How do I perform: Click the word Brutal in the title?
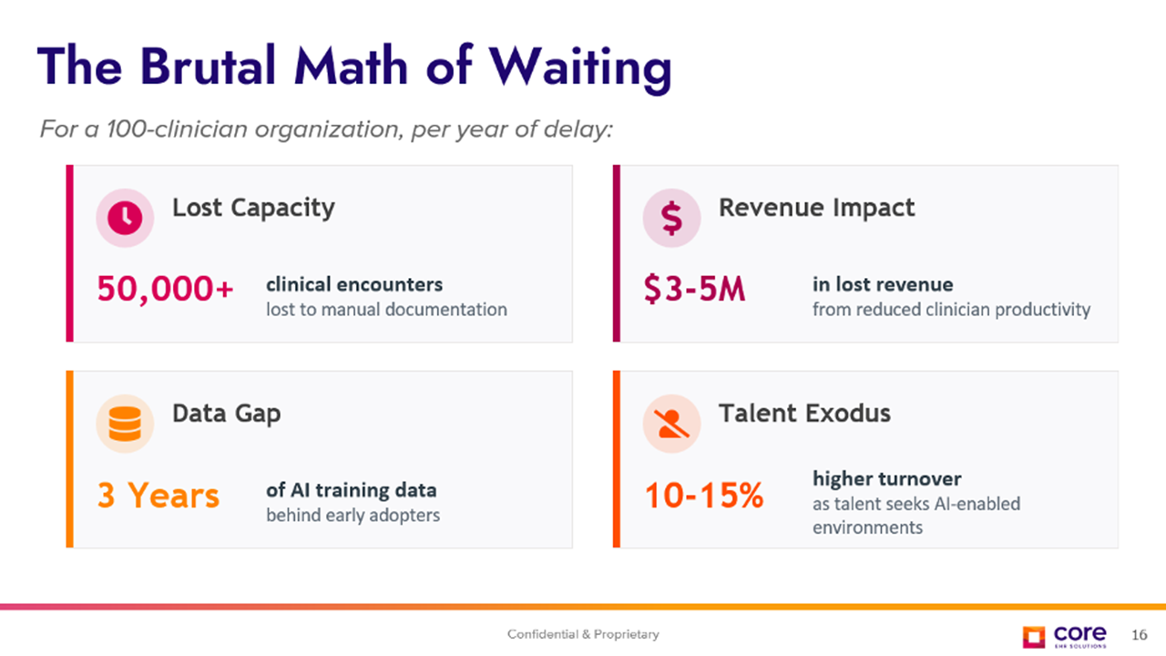tap(208, 67)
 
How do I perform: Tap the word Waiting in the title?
tap(581, 69)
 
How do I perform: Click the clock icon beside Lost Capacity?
tap(125, 218)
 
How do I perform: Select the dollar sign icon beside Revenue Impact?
tap(671, 218)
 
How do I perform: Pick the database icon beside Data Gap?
tap(125, 424)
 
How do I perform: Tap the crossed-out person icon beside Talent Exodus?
tap(671, 424)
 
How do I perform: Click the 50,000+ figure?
tap(166, 290)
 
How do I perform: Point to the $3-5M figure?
tap(694, 289)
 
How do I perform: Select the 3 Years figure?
tap(159, 495)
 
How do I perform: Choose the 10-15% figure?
tap(704, 495)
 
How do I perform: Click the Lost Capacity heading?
tap(253, 209)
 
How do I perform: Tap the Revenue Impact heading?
tap(817, 208)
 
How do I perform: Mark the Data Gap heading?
tap(227, 415)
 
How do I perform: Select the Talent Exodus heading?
tap(804, 414)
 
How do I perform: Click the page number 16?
tap(1140, 635)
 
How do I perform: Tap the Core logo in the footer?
tap(1065, 636)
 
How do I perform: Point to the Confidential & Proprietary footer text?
tap(583, 634)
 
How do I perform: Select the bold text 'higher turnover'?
tap(887, 479)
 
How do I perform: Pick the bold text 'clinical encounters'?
tap(354, 285)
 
